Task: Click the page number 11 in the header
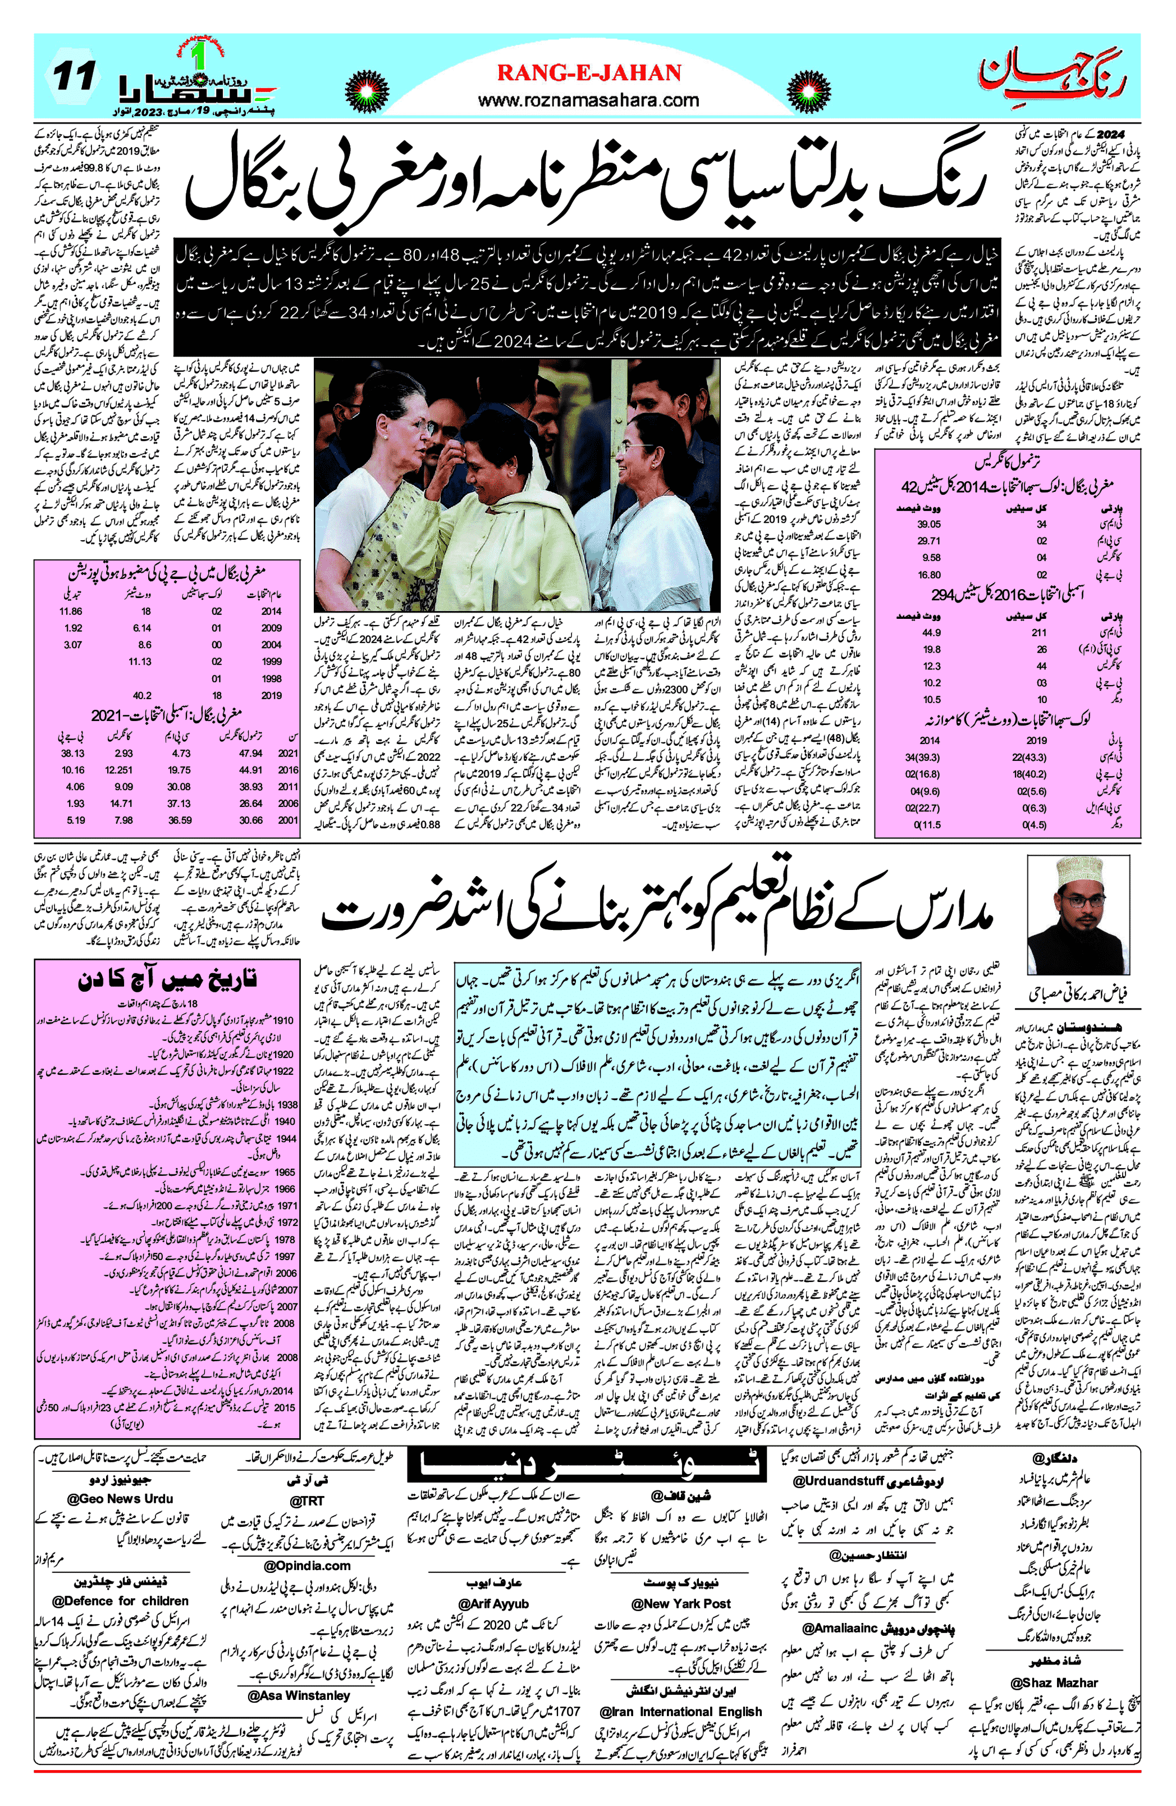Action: tap(74, 76)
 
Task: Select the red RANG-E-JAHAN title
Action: tap(589, 73)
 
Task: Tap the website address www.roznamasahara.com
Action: tap(589, 100)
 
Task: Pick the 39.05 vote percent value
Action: tap(928, 525)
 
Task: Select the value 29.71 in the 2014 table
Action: tap(928, 541)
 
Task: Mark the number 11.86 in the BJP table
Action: tap(71, 611)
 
